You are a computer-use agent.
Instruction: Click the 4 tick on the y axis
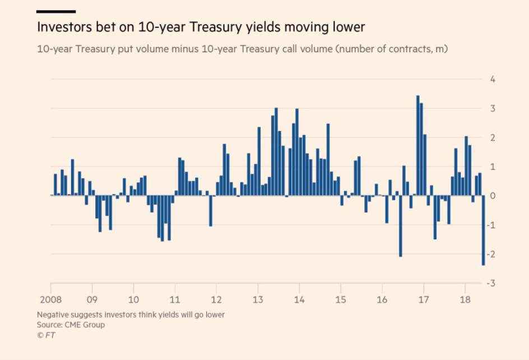(493, 79)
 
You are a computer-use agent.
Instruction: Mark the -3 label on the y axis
(491, 284)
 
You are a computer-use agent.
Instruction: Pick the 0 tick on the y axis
(493, 196)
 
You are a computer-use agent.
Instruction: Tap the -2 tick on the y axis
(491, 255)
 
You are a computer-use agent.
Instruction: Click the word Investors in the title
(61, 27)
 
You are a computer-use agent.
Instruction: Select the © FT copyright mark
(46, 335)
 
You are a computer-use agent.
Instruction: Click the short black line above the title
(56, 11)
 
